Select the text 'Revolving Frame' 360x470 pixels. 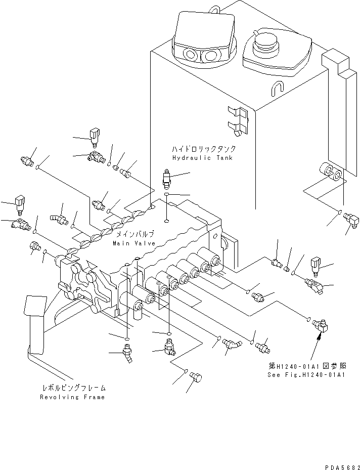tap(72, 397)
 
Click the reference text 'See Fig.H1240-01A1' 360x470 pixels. tap(306, 375)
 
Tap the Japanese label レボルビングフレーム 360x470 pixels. tap(74, 389)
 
